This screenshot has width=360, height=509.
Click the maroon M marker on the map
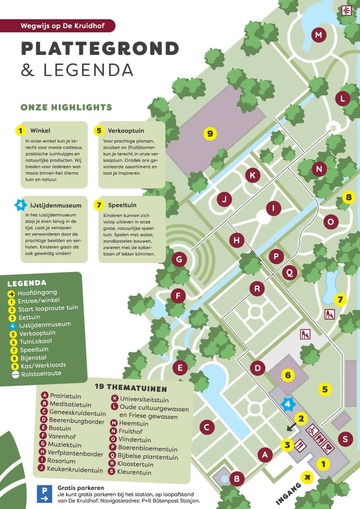(319, 35)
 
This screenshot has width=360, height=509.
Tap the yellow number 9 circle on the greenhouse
(210, 133)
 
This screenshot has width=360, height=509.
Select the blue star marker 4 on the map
(288, 404)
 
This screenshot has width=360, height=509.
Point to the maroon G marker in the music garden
(179, 259)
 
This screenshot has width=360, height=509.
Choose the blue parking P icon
(44, 494)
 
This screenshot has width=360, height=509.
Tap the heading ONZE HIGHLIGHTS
(66, 107)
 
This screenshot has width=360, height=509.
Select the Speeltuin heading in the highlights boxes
(122, 205)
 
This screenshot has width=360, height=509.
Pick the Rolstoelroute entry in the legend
(41, 373)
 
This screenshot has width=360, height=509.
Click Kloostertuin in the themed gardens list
(135, 464)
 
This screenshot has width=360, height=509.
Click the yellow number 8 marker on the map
(348, 197)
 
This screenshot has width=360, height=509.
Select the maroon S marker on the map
(345, 439)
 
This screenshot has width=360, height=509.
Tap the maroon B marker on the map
(237, 479)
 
